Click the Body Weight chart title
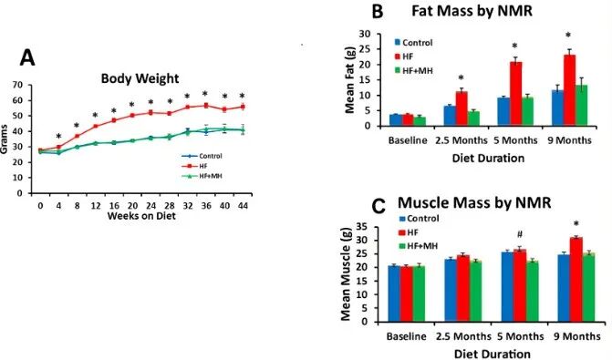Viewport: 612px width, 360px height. pyautogui.click(x=140, y=78)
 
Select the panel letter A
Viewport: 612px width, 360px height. pyautogui.click(x=27, y=58)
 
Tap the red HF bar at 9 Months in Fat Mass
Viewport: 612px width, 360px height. pyautogui.click(x=569, y=90)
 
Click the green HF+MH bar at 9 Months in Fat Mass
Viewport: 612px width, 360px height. pyautogui.click(x=582, y=106)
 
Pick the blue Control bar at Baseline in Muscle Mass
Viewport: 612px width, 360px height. pyautogui.click(x=394, y=293)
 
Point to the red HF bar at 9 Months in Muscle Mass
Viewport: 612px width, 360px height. pyautogui.click(x=576, y=279)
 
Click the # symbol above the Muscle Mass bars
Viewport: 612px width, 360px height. pyautogui.click(x=520, y=234)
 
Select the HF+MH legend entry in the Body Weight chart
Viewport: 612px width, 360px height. pyautogui.click(x=202, y=176)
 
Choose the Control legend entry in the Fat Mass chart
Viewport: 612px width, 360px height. pyautogui.click(x=413, y=43)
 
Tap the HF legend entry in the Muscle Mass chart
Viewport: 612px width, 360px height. pyautogui.click(x=409, y=232)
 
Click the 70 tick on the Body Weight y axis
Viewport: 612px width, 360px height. pyautogui.click(x=16, y=85)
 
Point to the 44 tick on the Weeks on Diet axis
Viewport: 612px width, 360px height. pyautogui.click(x=243, y=206)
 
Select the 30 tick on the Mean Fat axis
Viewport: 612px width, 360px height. pyautogui.click(x=364, y=34)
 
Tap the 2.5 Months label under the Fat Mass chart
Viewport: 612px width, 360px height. pyautogui.click(x=462, y=140)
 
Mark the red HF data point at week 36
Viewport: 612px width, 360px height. pyautogui.click(x=206, y=106)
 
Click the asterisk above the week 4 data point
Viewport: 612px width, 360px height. pyautogui.click(x=58, y=137)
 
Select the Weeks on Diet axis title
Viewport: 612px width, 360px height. pyautogui.click(x=141, y=216)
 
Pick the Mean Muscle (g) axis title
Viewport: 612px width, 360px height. pyautogui.click(x=347, y=273)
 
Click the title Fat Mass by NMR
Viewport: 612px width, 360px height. pyautogui.click(x=472, y=11)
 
